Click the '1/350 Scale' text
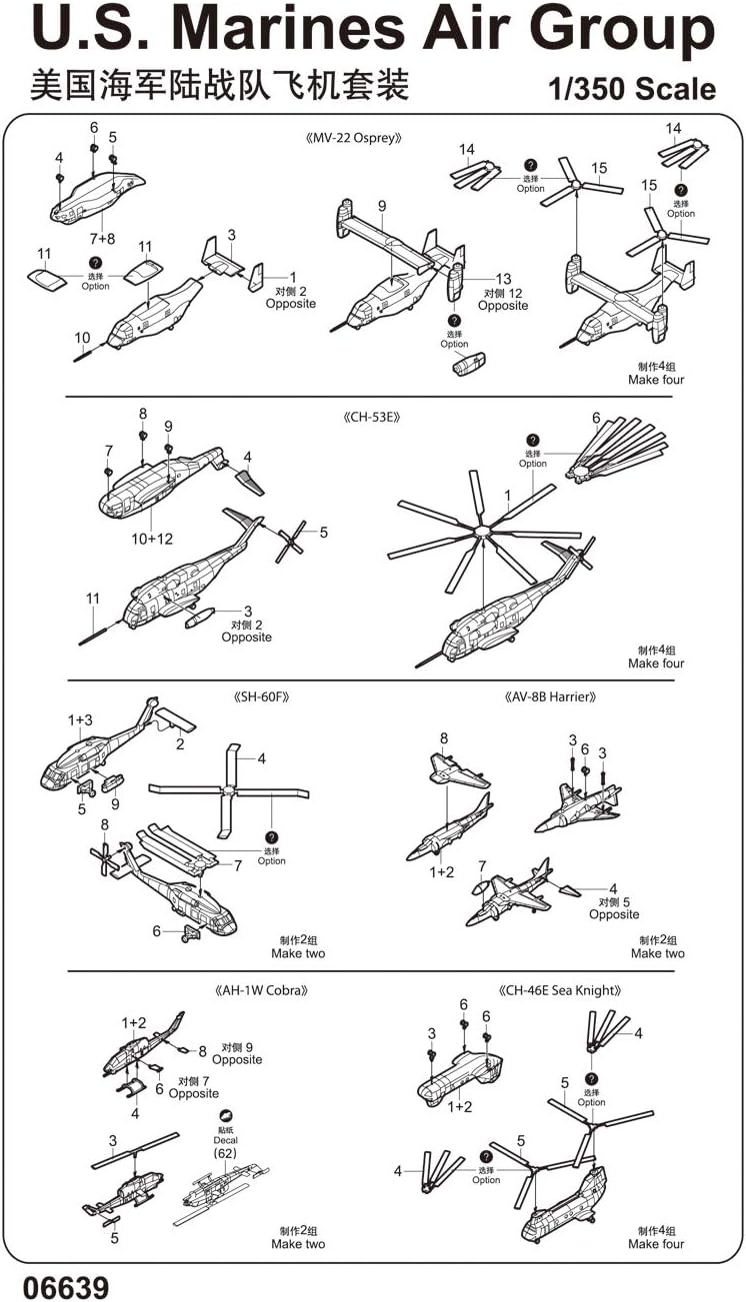632,89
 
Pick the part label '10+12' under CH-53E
151,538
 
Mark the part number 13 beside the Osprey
503,279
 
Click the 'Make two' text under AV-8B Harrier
657,953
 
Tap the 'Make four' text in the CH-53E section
656,663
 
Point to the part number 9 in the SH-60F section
115,803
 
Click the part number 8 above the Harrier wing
443,738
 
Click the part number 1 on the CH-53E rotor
507,495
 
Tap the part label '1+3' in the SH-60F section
81,719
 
